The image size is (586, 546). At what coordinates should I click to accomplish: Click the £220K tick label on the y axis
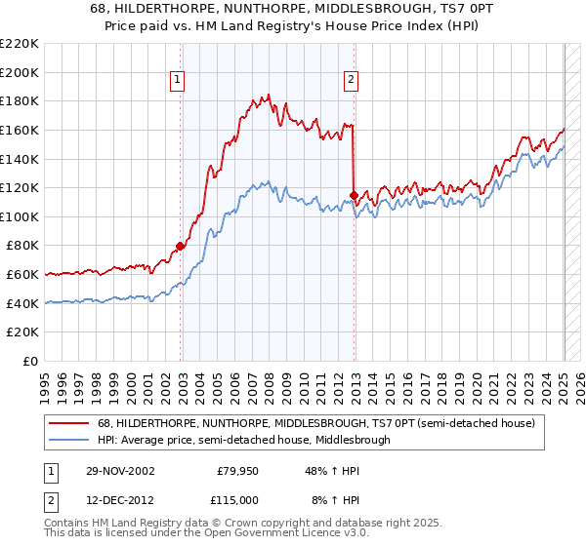pyautogui.click(x=20, y=43)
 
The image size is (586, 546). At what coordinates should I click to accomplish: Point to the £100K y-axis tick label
pyautogui.click(x=20, y=216)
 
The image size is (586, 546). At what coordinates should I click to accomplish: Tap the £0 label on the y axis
pyautogui.click(x=30, y=362)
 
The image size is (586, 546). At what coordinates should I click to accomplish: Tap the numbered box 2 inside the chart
pyautogui.click(x=350, y=81)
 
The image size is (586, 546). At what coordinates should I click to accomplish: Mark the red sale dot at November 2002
pyautogui.click(x=181, y=246)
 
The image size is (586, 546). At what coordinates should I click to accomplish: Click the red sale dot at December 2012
pyautogui.click(x=354, y=195)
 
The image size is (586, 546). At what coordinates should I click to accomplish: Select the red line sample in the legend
pyautogui.click(x=69, y=424)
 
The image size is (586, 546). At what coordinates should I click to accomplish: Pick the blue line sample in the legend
pyautogui.click(x=69, y=440)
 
